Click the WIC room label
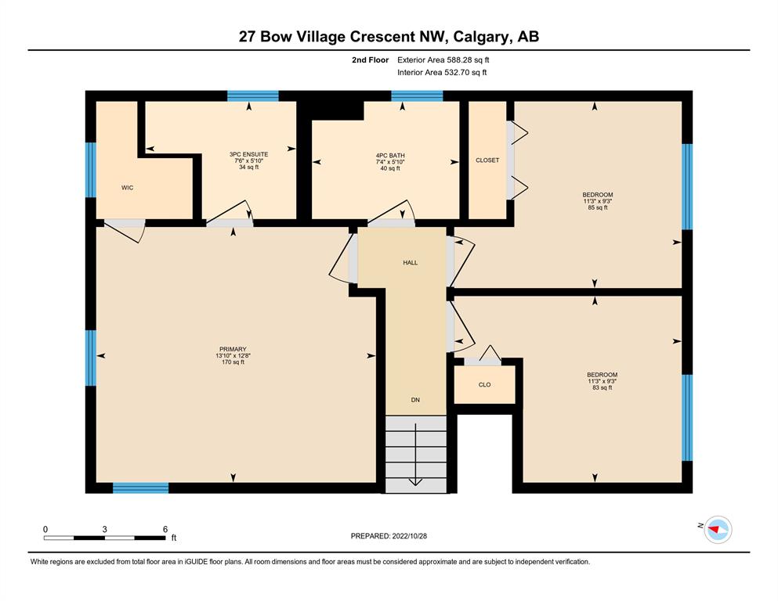(127, 188)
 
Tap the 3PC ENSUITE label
(248, 155)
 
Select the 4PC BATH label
(390, 156)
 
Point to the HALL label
(411, 263)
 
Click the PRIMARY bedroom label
(233, 349)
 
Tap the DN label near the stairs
(415, 400)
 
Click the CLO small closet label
(485, 384)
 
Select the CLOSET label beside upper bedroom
(487, 160)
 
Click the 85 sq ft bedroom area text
(597, 207)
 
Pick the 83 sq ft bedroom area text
(602, 387)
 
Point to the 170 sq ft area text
(233, 362)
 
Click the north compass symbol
(718, 529)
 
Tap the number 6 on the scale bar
(165, 529)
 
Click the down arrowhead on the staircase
(415, 482)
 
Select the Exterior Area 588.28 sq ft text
(443, 60)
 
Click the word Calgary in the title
(481, 37)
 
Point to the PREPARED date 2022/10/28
(409, 536)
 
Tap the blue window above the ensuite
(253, 96)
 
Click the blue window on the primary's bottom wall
(141, 488)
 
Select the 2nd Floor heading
(370, 60)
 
